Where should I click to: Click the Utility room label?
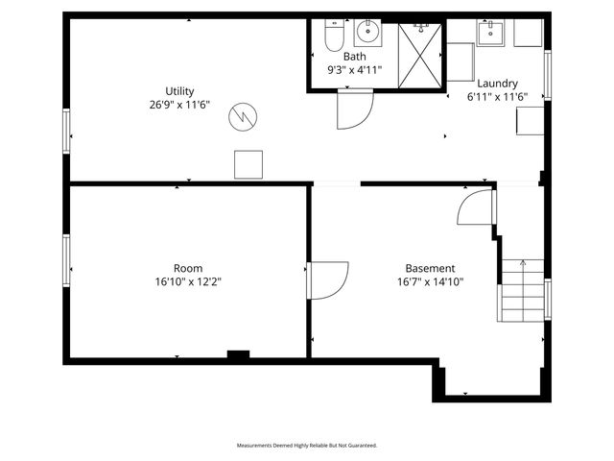coord(179,91)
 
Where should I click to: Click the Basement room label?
coord(430,268)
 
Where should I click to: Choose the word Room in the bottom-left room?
coord(187,268)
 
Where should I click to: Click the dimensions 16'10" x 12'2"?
coord(187,281)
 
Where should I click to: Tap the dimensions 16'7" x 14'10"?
coord(430,281)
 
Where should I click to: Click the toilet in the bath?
coord(333,36)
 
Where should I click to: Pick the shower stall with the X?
coord(420,56)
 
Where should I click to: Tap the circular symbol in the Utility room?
coord(243,118)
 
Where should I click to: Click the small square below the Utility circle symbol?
coord(248,164)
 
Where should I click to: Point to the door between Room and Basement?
coord(327,279)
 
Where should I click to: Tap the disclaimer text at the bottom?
coord(307,446)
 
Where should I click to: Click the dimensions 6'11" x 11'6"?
coord(498,97)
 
